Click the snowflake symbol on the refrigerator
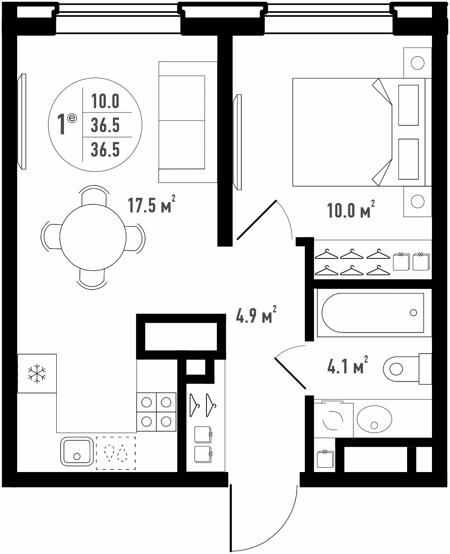click(x=37, y=373)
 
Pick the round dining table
click(x=93, y=237)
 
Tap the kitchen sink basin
click(x=77, y=451)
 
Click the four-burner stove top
click(x=156, y=412)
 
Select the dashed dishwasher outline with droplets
click(x=116, y=453)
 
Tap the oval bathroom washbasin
click(x=374, y=419)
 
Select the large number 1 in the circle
click(x=61, y=124)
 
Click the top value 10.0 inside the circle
click(x=105, y=101)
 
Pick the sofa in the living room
click(x=188, y=122)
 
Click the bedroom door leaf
click(x=257, y=220)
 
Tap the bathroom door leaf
click(x=290, y=373)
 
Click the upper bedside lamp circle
click(x=417, y=63)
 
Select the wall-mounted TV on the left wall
click(x=22, y=121)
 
